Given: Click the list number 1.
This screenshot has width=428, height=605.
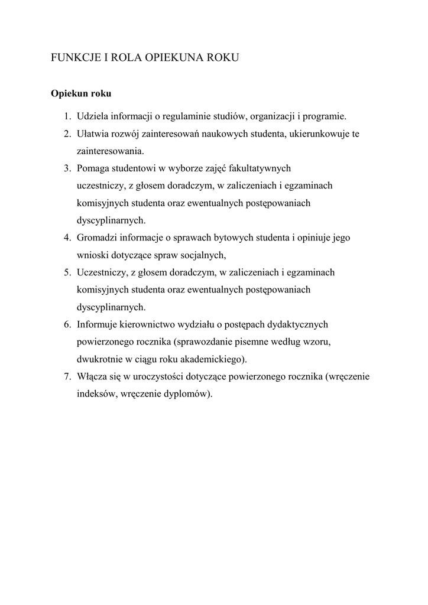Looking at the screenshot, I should (67, 116).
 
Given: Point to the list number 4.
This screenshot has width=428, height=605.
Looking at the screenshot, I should (67, 238).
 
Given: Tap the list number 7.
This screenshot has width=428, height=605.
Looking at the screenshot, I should (67, 377).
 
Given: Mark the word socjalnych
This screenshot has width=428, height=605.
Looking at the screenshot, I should (205, 256).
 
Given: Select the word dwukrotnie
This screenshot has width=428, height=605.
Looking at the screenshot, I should (99, 359).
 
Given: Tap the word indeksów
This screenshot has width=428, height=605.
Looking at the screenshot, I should (96, 394).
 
